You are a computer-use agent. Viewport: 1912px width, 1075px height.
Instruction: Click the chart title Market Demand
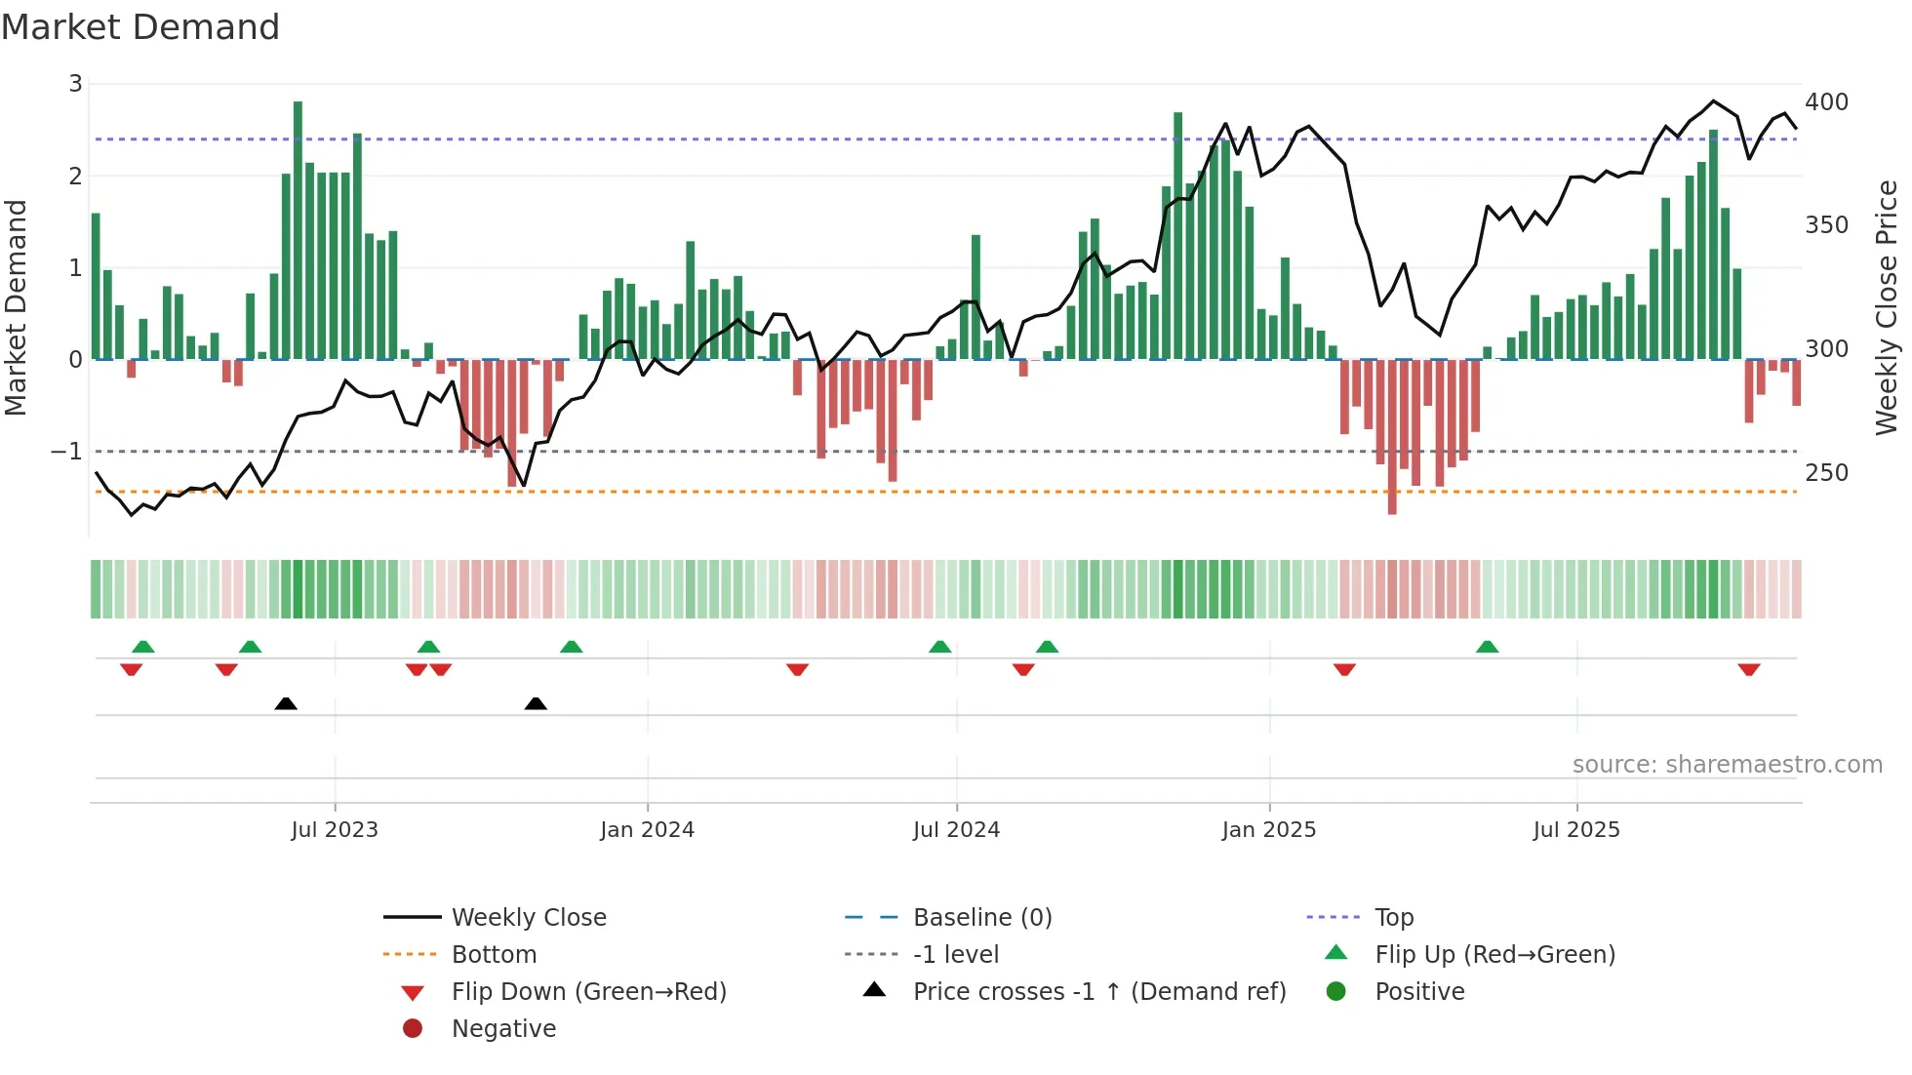click(140, 27)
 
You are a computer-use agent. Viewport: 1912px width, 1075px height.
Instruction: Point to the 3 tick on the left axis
click(75, 84)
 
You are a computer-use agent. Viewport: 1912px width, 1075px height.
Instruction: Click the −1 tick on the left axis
click(67, 452)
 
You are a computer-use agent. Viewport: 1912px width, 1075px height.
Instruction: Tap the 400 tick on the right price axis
click(1826, 102)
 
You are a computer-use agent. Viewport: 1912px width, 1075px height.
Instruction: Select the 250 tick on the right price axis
click(1826, 473)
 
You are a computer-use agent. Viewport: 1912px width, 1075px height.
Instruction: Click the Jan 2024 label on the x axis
click(647, 830)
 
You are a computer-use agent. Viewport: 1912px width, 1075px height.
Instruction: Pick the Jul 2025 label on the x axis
click(1575, 830)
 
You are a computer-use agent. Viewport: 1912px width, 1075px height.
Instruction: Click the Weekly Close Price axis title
click(1887, 307)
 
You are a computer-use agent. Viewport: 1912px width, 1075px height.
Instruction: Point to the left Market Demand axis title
click(16, 307)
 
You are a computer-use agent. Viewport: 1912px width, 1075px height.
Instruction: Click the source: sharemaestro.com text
click(1727, 765)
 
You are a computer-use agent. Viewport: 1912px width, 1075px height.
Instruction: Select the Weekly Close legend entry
click(529, 918)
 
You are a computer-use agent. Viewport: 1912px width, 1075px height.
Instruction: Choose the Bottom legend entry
click(494, 955)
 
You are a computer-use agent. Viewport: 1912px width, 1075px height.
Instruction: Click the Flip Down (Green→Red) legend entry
click(588, 992)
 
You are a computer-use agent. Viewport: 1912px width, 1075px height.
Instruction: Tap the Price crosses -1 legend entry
click(1098, 992)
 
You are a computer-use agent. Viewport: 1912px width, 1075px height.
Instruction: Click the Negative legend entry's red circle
click(413, 1029)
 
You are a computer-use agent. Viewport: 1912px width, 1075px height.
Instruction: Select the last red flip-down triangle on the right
click(1748, 669)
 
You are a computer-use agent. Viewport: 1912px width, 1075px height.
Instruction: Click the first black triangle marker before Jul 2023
click(286, 703)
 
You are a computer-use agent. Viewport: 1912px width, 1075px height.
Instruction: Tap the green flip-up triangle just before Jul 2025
click(1487, 647)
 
